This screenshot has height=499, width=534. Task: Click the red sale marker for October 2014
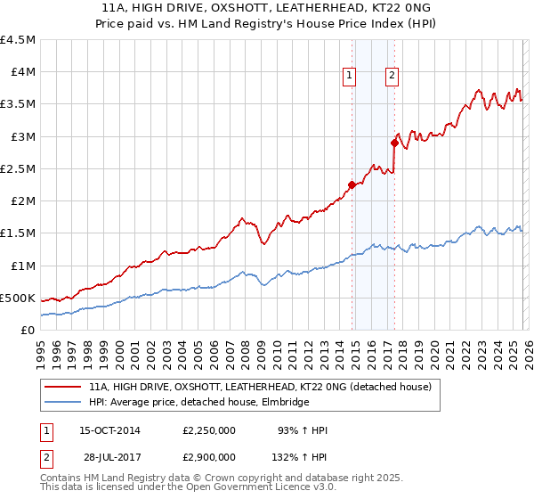(352, 185)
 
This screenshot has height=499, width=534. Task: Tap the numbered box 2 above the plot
(392, 77)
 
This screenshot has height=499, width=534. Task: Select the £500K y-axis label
(18, 298)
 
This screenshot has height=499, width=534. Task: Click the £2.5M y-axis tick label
(18, 168)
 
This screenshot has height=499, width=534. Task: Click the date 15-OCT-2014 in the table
(112, 430)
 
